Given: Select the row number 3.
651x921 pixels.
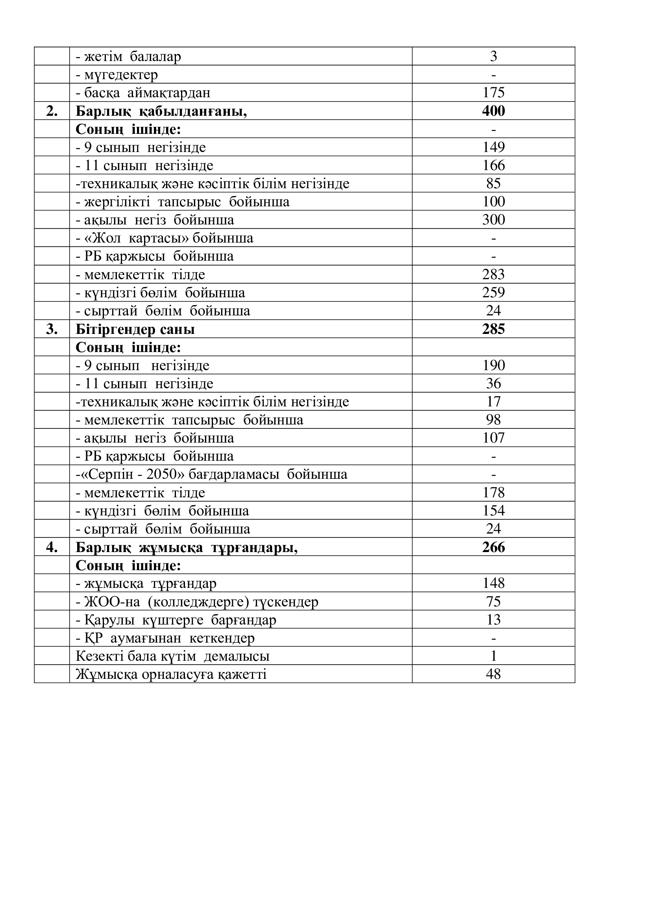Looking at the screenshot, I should (52, 329).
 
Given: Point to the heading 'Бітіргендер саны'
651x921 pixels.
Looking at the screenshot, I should (135, 329).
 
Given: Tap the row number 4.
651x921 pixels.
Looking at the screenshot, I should (52, 547).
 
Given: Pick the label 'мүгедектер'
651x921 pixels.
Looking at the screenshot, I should (121, 74).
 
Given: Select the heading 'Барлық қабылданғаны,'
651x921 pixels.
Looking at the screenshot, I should (161, 111).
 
